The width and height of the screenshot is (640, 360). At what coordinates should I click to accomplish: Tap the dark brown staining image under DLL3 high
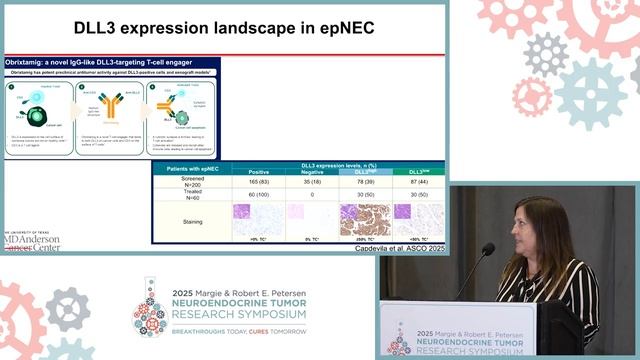coord(360,219)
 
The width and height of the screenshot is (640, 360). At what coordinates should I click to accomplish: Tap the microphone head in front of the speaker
coord(488,249)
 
